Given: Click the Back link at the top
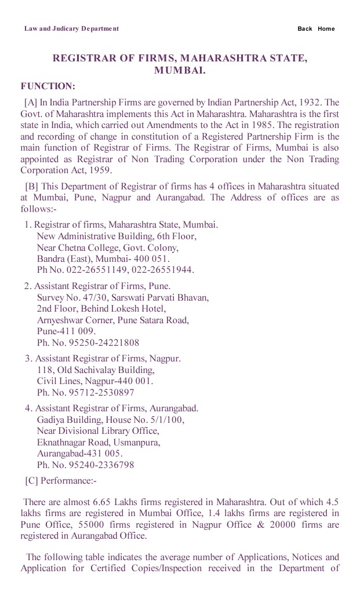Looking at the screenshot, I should click(304, 29).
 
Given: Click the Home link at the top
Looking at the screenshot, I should click(326, 29).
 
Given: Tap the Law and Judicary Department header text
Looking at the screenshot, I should click(71, 28).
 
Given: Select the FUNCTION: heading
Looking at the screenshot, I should click(48, 86).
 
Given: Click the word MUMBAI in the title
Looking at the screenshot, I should click(180, 71).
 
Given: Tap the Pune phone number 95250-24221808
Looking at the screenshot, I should click(98, 342).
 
